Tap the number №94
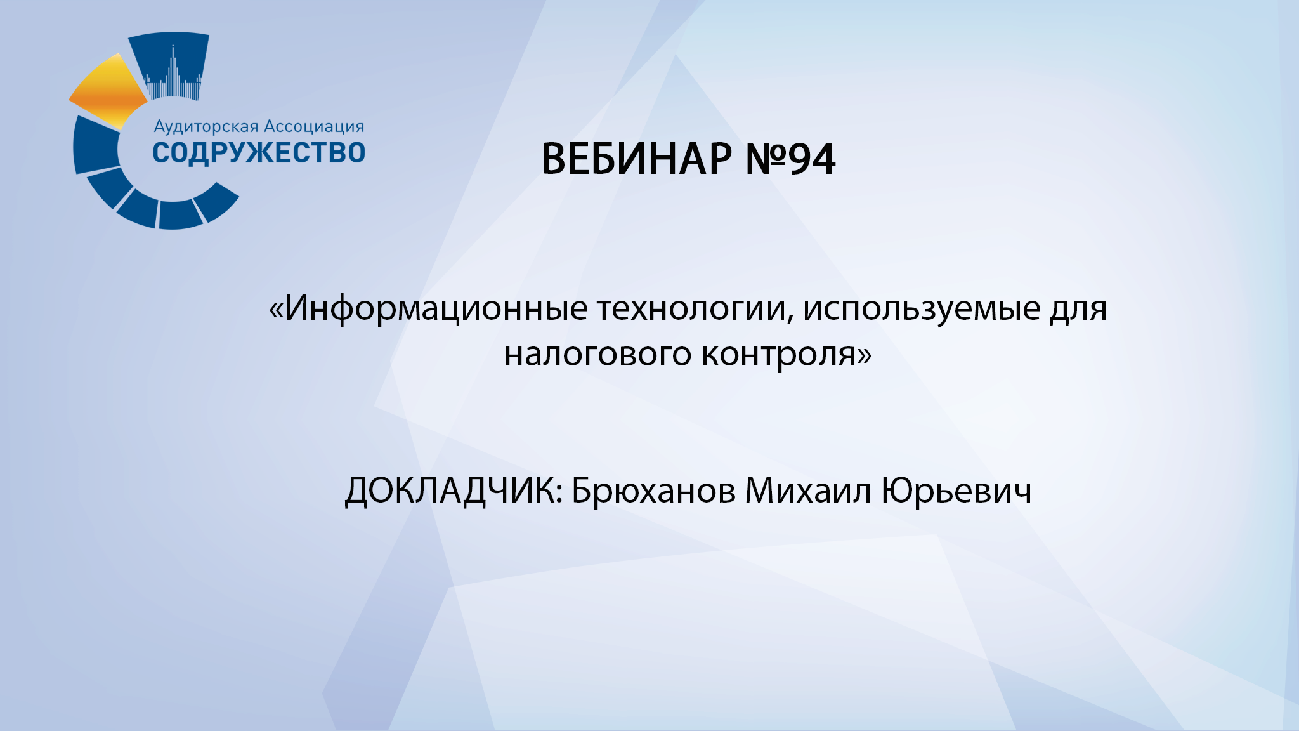pos(790,159)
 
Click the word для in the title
pos(1078,309)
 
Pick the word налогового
pos(597,353)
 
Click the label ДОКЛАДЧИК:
pos(454,491)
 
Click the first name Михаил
pos(808,491)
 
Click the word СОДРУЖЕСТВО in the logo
pos(259,153)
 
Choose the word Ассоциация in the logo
pos(314,126)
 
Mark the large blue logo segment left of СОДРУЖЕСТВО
pos(95,144)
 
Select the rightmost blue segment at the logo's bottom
pos(216,201)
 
